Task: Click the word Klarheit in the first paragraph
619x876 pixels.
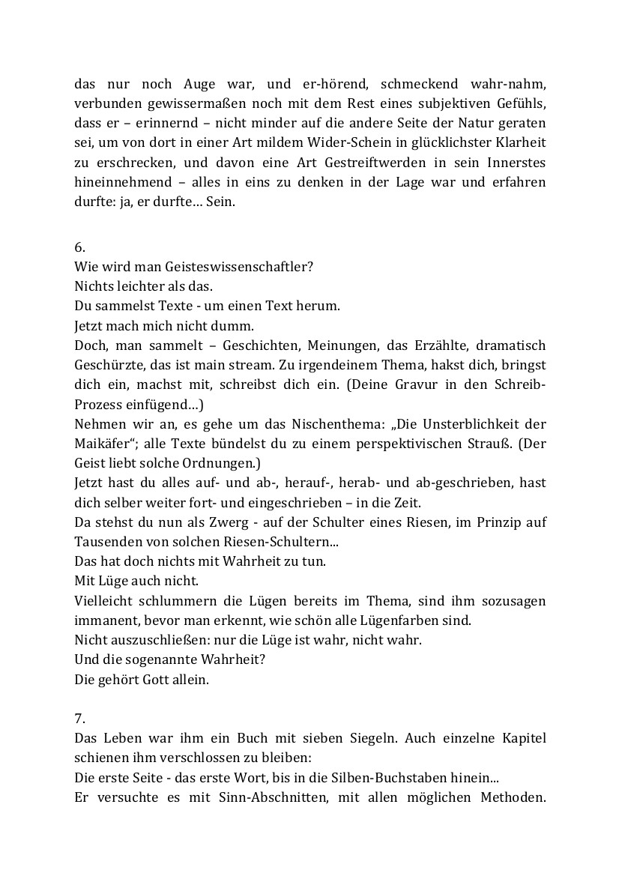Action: pos(518,142)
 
